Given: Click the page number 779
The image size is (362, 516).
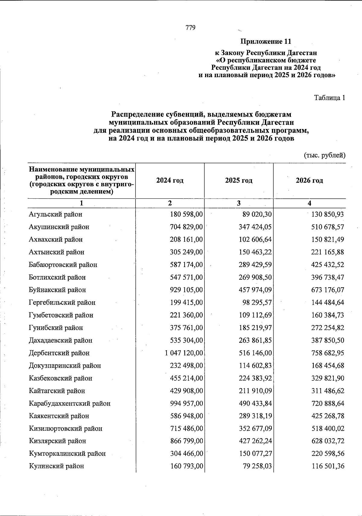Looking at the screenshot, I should click(x=191, y=28).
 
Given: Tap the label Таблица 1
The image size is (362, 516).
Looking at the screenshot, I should click(x=329, y=98).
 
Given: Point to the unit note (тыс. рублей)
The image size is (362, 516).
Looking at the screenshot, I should click(x=324, y=156).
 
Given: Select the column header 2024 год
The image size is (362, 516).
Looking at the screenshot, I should click(x=170, y=181).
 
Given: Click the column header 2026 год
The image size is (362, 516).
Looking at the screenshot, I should click(x=309, y=181).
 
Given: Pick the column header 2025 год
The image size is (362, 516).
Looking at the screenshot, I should click(x=239, y=181).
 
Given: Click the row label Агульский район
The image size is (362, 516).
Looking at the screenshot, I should click(x=56, y=215).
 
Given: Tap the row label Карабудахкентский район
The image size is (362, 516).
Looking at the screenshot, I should click(x=70, y=404).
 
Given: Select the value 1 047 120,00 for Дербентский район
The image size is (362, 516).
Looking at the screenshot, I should click(x=184, y=353).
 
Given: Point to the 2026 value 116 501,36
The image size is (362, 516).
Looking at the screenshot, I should click(x=327, y=466).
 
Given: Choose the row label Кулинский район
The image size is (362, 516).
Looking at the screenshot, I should click(x=56, y=466).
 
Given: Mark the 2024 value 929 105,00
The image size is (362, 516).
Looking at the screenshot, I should click(x=186, y=290).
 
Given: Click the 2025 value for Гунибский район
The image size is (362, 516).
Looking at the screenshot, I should click(x=255, y=328).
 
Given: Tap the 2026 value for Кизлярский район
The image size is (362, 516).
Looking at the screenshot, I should click(x=327, y=441).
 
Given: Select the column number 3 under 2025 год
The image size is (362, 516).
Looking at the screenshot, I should click(x=239, y=203).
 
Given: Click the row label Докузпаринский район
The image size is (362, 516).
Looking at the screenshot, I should click(x=65, y=366).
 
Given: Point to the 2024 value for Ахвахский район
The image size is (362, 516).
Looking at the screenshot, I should click(x=186, y=240).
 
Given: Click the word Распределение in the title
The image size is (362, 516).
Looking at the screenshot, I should click(x=137, y=115).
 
